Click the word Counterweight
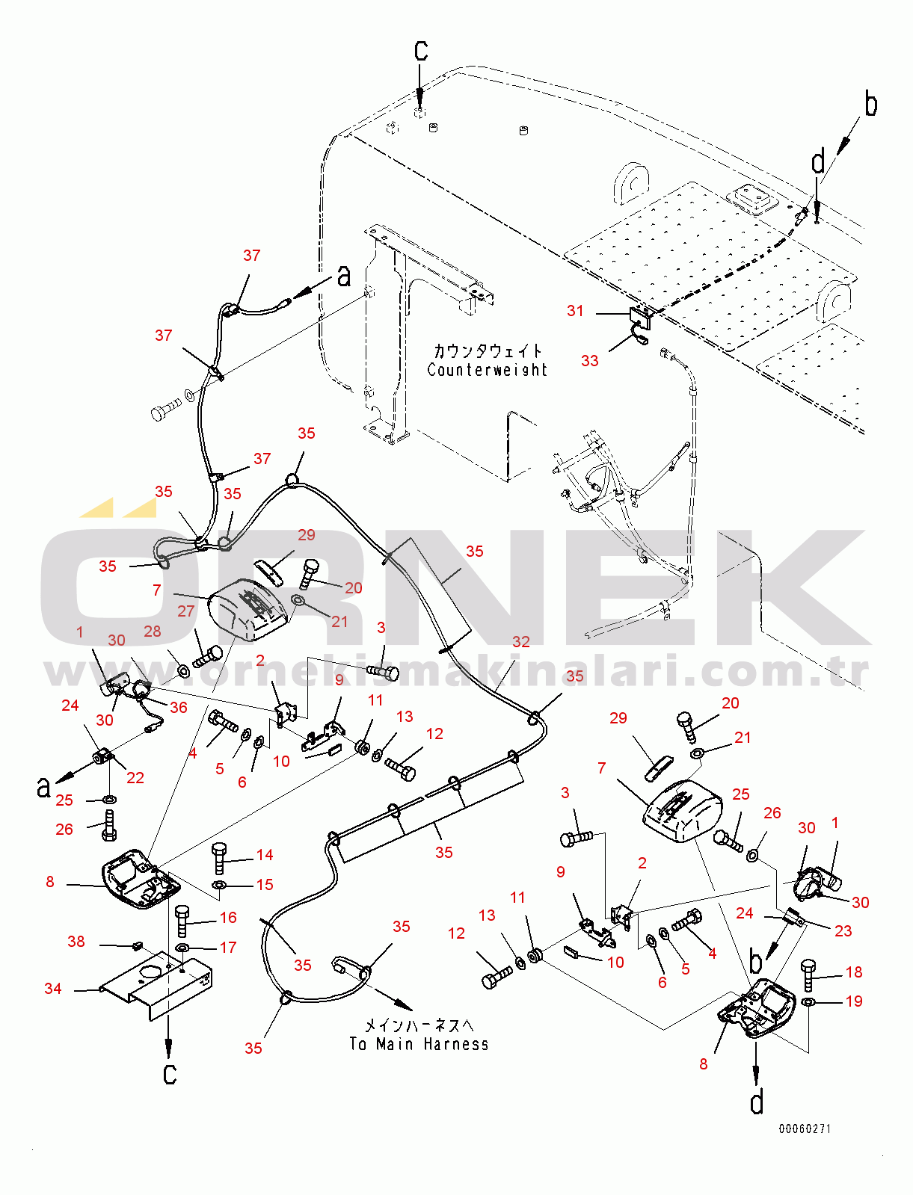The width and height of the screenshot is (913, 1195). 487,370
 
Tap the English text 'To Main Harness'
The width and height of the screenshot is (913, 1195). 419,1043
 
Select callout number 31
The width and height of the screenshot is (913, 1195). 575,311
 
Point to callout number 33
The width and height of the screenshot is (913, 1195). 589,360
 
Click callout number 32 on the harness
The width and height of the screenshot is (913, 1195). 520,642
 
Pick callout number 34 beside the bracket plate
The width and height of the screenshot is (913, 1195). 53,988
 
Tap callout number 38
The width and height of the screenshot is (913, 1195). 76,942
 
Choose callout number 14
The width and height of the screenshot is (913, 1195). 265,855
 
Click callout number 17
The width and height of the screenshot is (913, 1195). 228,948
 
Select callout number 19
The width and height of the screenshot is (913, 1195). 854,1001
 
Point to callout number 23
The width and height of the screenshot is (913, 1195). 843,931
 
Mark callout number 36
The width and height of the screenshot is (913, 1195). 178,707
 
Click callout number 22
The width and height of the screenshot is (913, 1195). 135,777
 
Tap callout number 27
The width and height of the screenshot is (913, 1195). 185,611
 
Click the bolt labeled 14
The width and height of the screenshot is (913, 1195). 219,859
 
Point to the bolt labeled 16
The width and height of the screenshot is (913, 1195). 182,921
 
